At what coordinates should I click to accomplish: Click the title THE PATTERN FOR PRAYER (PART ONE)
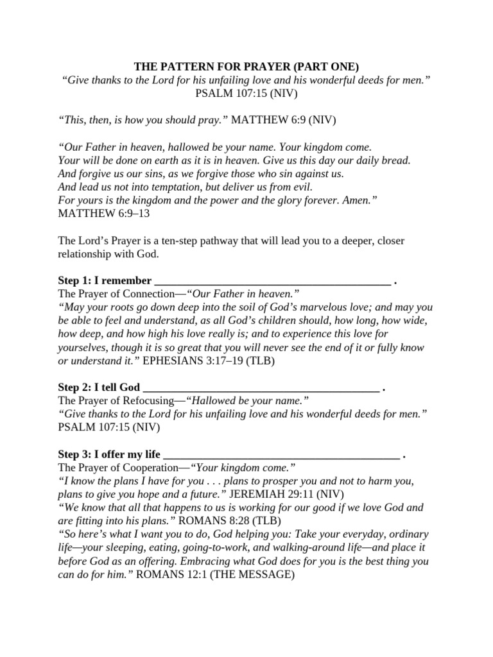click(246, 66)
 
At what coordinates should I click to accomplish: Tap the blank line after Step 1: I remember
click(273, 281)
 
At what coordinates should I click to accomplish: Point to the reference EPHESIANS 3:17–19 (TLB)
click(208, 361)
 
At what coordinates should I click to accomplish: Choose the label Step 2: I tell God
click(98, 388)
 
